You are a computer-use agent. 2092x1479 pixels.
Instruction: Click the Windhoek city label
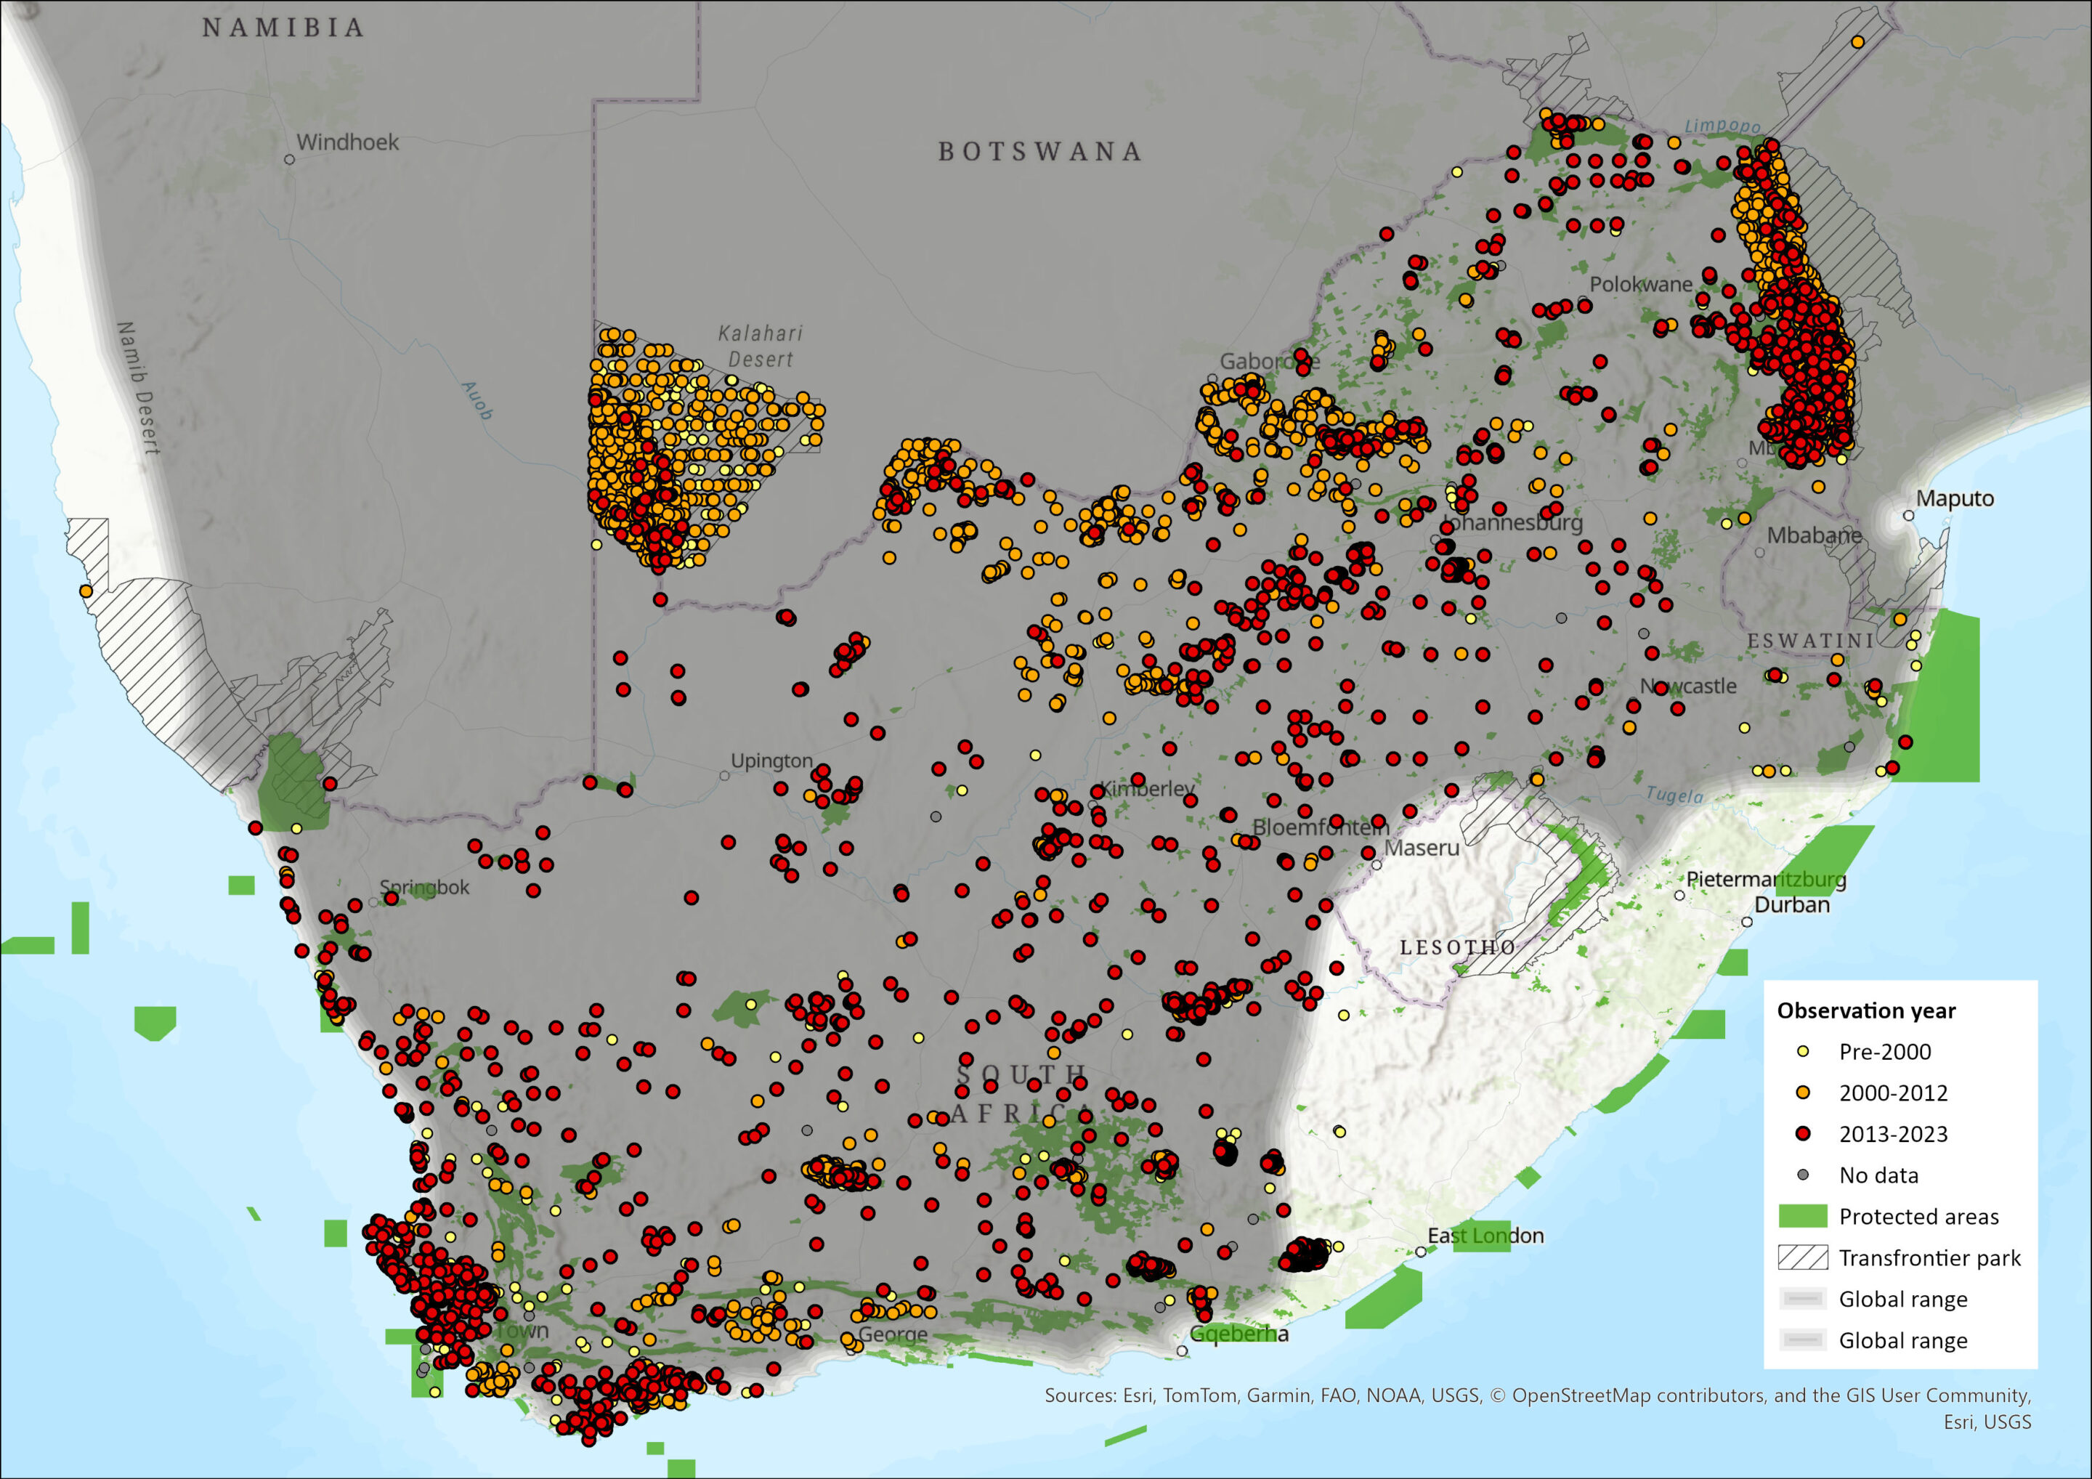[347, 142]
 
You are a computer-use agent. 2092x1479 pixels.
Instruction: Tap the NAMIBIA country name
[283, 28]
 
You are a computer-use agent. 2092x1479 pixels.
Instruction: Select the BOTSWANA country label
[1039, 151]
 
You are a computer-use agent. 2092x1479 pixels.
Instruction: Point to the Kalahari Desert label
[760, 347]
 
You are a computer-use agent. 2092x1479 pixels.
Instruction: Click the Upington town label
[771, 761]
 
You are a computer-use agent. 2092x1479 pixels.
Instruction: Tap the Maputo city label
[1955, 498]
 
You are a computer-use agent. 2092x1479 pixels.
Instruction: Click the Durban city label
[1791, 905]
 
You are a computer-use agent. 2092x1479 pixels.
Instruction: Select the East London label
[1485, 1236]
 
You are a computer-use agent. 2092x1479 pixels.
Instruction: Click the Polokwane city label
[1640, 284]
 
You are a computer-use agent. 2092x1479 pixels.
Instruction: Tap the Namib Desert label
[139, 387]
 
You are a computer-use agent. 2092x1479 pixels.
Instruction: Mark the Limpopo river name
[1722, 126]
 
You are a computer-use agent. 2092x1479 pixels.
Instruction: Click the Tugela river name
[1674, 795]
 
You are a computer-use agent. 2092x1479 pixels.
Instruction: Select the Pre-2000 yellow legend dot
[1802, 1052]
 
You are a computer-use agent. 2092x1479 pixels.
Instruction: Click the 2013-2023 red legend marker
[1802, 1134]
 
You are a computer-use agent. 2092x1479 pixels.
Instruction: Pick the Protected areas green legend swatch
[1802, 1217]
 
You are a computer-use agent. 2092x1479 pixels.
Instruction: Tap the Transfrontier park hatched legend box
[1802, 1257]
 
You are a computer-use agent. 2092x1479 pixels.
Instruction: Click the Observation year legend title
[1866, 1010]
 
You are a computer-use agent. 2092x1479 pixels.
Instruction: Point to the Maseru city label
[1422, 848]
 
